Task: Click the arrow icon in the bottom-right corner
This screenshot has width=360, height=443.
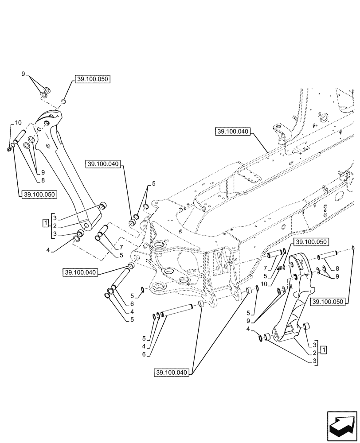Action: [341, 425]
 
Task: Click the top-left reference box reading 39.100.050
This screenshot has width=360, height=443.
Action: [92, 79]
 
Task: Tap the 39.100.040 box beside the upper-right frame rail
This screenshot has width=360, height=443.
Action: [234, 132]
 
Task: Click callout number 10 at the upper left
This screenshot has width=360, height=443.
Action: [18, 123]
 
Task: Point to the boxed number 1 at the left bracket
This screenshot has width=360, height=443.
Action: [45, 221]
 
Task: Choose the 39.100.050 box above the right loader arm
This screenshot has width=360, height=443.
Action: [311, 242]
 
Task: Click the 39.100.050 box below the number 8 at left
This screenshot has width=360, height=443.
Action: [37, 194]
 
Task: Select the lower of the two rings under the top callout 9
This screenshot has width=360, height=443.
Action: [44, 95]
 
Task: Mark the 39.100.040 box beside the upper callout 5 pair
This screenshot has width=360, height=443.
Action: [103, 164]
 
